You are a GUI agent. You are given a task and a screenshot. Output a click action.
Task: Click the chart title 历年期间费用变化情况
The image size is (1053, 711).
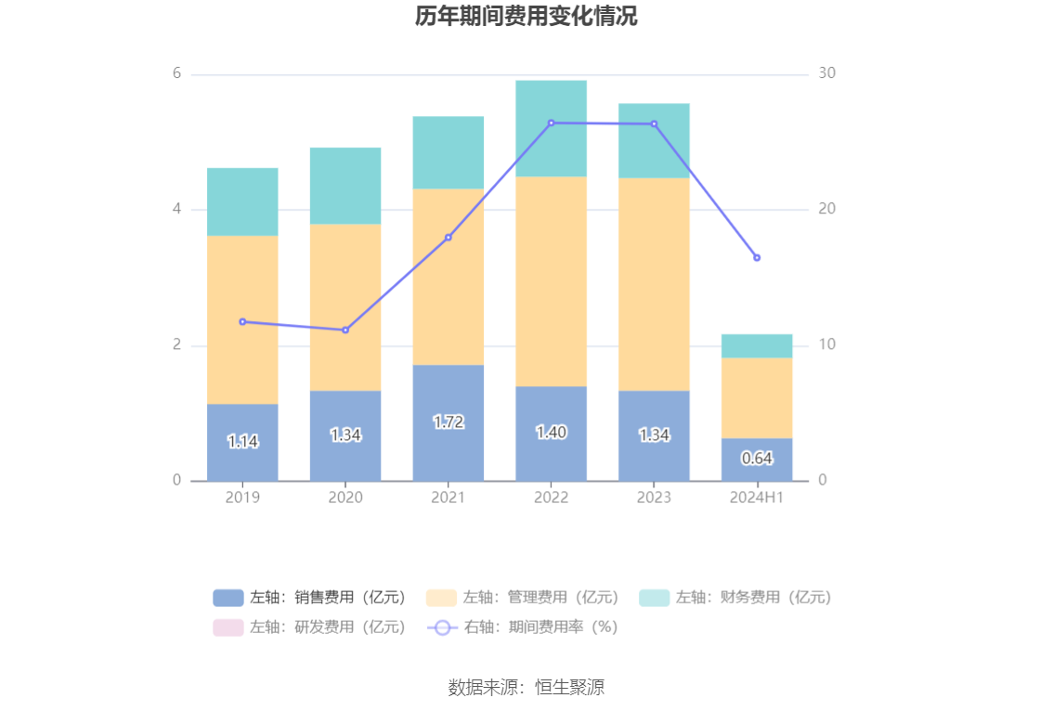click(x=526, y=17)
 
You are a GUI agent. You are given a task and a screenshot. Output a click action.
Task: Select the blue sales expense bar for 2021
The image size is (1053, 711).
click(x=448, y=446)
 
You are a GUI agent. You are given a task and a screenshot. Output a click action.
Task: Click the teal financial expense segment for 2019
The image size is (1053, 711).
click(x=242, y=201)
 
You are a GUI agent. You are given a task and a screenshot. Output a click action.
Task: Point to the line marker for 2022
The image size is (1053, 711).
click(x=551, y=123)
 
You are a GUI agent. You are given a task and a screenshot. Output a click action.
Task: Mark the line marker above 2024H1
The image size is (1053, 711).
click(x=757, y=258)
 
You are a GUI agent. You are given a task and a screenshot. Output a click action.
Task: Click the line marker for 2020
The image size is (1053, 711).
click(x=345, y=330)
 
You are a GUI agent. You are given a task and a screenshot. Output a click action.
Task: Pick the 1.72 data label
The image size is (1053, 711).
click(x=448, y=422)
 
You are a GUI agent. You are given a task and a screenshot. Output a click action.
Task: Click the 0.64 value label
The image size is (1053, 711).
click(x=757, y=459)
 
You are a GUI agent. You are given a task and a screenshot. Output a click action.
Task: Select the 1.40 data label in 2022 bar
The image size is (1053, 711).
click(x=551, y=433)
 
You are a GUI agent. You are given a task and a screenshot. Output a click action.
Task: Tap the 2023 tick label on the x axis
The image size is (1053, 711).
click(x=654, y=498)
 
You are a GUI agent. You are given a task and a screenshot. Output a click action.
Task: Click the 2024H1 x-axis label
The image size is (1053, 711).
click(x=757, y=498)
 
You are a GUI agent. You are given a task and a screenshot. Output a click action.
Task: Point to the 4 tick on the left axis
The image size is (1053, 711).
click(x=175, y=210)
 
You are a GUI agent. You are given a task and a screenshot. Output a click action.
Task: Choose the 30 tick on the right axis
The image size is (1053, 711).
click(x=827, y=74)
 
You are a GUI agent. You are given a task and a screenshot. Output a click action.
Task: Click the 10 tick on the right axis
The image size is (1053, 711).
click(x=827, y=345)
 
